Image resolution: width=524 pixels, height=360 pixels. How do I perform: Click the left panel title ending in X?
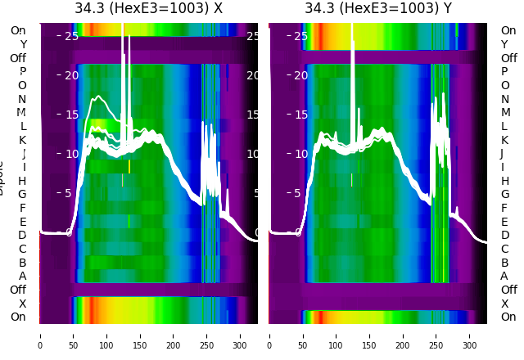click(x=148, y=8)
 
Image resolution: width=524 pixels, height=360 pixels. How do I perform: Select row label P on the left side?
click(x=23, y=72)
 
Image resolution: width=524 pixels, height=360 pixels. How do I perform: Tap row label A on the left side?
click(x=23, y=276)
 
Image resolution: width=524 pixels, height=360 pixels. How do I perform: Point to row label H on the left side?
click(x=23, y=181)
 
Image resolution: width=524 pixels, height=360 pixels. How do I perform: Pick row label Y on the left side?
click(x=23, y=44)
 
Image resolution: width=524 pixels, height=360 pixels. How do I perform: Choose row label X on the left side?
click(x=23, y=304)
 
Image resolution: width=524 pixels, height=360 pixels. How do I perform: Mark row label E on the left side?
click(x=23, y=222)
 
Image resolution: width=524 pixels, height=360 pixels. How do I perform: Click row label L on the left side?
click(x=23, y=126)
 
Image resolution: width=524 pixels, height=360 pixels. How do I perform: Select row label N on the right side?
click(x=504, y=99)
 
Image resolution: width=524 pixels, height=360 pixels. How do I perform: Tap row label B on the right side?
click(x=504, y=263)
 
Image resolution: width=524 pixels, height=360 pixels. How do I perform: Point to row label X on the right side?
click(x=504, y=304)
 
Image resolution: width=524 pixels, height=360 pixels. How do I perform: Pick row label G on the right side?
click(x=504, y=195)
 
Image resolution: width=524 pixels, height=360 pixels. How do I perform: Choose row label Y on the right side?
click(x=504, y=44)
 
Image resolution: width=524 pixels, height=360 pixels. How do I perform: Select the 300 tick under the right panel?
click(x=470, y=345)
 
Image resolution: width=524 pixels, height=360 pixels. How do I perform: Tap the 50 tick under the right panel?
click(x=303, y=345)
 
